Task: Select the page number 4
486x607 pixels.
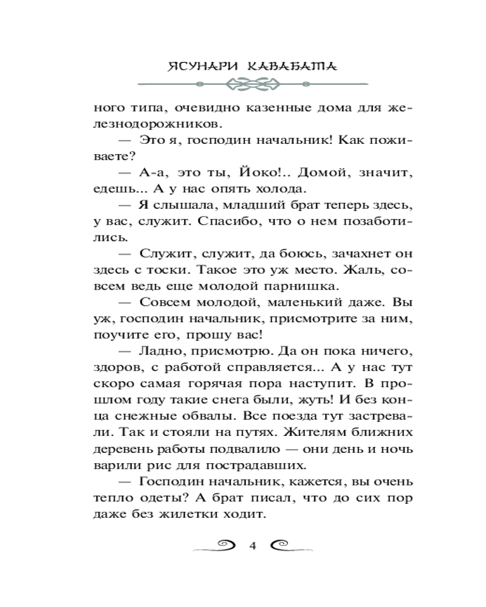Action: [252, 544]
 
